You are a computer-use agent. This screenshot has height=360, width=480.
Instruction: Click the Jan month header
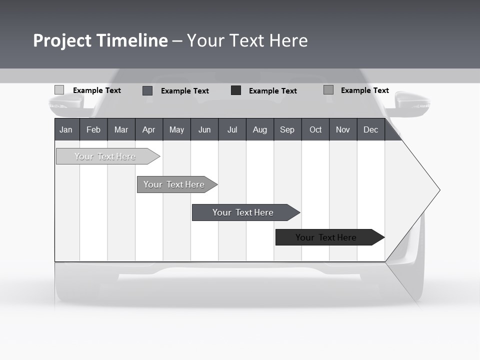coord(66,129)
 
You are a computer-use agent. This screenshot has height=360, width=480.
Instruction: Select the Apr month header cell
coord(148,129)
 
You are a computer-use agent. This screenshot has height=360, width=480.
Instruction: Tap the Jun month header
coord(204,129)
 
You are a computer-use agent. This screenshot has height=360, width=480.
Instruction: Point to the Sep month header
coord(287,129)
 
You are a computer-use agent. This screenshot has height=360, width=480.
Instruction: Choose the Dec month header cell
coord(370,129)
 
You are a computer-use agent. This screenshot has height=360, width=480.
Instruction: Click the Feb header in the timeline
coord(93,129)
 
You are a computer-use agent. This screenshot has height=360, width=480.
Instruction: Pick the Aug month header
coord(259,129)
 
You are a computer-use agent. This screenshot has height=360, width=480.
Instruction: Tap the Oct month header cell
coord(315,129)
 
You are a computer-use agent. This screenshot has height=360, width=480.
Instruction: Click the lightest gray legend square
coord(59,90)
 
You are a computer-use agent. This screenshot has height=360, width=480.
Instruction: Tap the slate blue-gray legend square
coord(147,90)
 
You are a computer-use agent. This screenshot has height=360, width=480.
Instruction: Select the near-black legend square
coord(235,90)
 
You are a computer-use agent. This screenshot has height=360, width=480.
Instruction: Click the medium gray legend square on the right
coord(328,90)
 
